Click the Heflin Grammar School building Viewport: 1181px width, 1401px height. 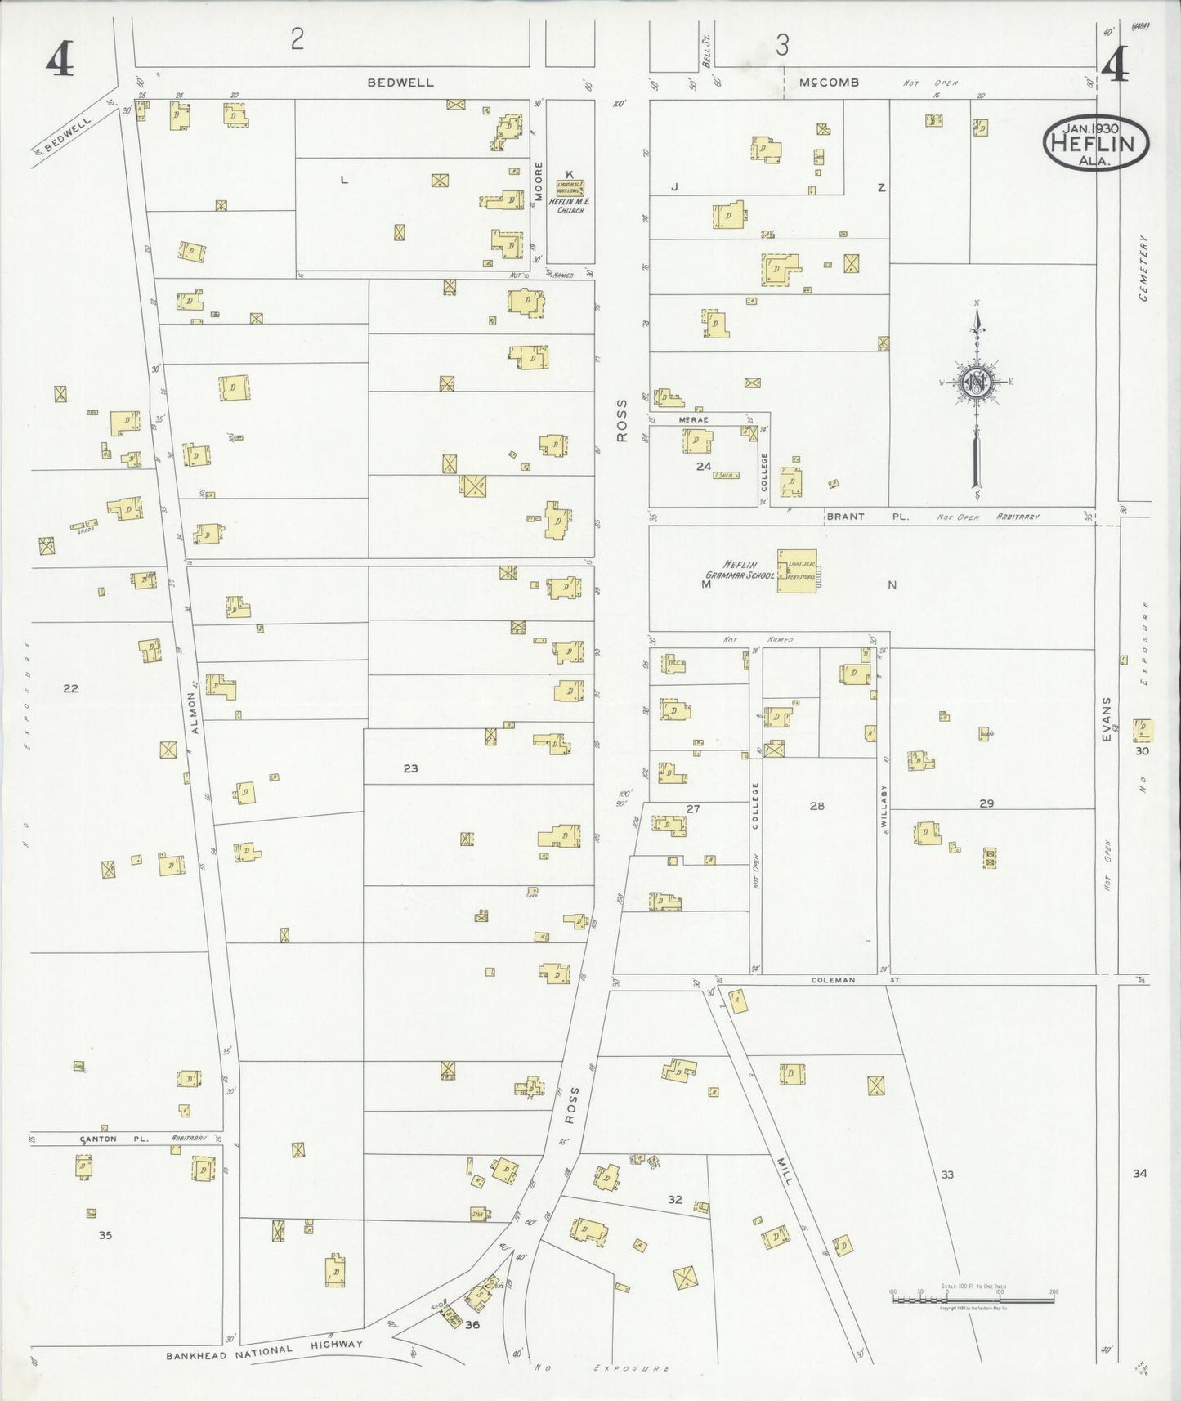pyautogui.click(x=796, y=570)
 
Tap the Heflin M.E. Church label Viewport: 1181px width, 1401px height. pyautogui.click(x=570, y=207)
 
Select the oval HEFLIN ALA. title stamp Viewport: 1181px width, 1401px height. pyautogui.click(x=1095, y=142)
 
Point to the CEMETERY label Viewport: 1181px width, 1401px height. pyautogui.click(x=1143, y=268)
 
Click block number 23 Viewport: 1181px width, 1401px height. pyautogui.click(x=410, y=768)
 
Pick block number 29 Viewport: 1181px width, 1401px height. pyautogui.click(x=986, y=803)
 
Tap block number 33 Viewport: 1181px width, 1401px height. pyautogui.click(x=947, y=1175)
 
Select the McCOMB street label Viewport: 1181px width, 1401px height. pyautogui.click(x=829, y=83)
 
